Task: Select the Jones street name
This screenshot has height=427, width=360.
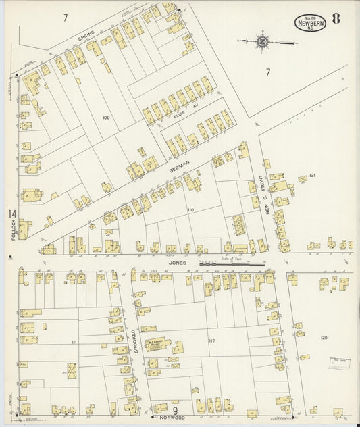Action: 178,262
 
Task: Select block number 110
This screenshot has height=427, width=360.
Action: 190,211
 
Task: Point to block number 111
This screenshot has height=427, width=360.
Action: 74,343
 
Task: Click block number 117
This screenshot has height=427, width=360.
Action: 211,341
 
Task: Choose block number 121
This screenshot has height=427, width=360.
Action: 311,176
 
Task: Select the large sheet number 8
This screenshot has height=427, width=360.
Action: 335,18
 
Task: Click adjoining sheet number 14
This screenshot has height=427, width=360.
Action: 11,214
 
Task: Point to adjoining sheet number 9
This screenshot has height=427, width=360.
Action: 174,410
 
